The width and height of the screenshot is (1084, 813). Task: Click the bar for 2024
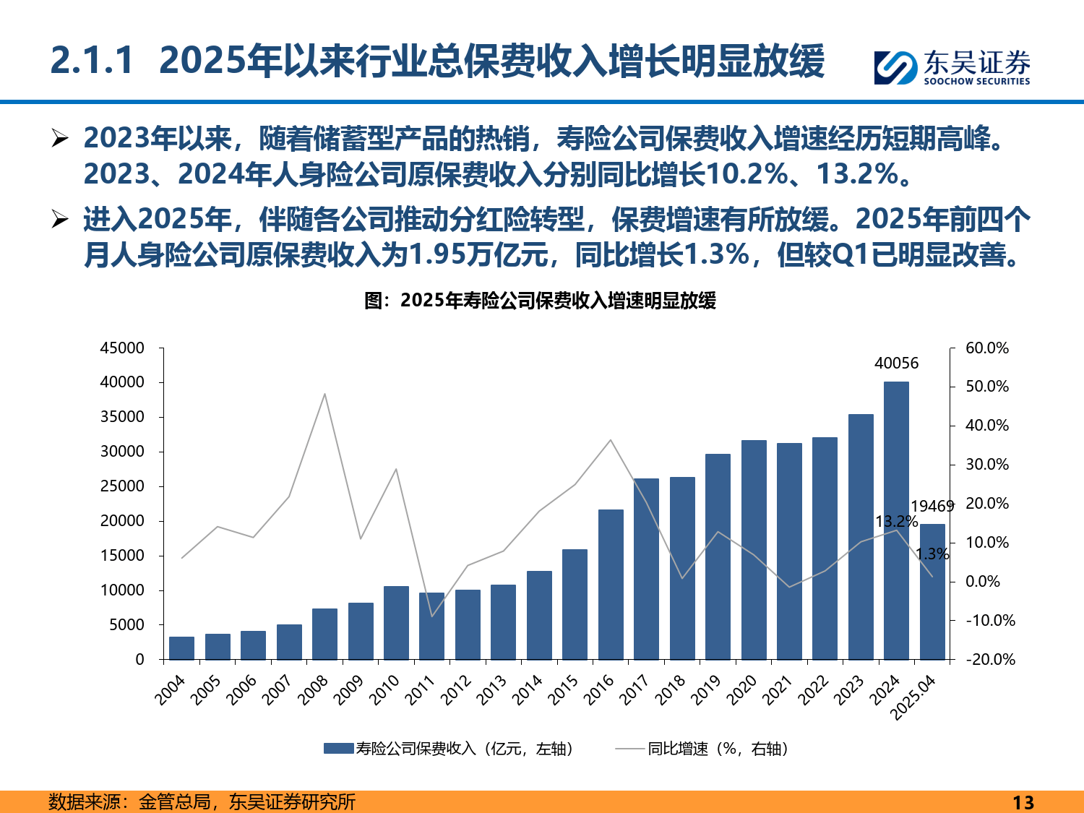click(x=896, y=520)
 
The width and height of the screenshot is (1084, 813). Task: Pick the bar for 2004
click(x=181, y=648)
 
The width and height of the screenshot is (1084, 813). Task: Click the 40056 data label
click(x=896, y=364)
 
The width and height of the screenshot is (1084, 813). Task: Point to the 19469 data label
click(x=932, y=507)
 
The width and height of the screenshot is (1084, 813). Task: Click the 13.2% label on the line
click(x=896, y=522)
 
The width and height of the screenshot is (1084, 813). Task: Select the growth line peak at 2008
click(x=324, y=394)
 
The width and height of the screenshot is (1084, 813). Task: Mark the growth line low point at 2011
click(x=432, y=616)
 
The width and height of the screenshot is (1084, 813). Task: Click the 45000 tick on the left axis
click(x=122, y=348)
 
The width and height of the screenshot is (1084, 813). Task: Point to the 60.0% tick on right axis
click(x=987, y=348)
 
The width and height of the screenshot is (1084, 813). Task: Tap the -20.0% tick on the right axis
click(x=989, y=659)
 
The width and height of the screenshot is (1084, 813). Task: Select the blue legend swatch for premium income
click(x=338, y=749)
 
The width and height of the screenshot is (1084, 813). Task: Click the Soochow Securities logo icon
click(x=895, y=67)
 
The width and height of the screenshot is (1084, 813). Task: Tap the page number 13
click(x=1023, y=802)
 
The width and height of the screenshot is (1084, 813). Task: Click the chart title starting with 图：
click(x=540, y=301)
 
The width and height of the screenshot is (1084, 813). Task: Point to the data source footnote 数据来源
click(x=202, y=801)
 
